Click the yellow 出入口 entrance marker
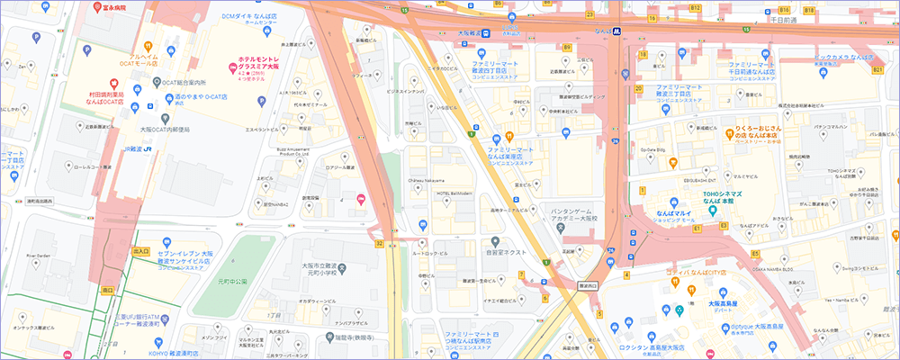click(139, 252)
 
